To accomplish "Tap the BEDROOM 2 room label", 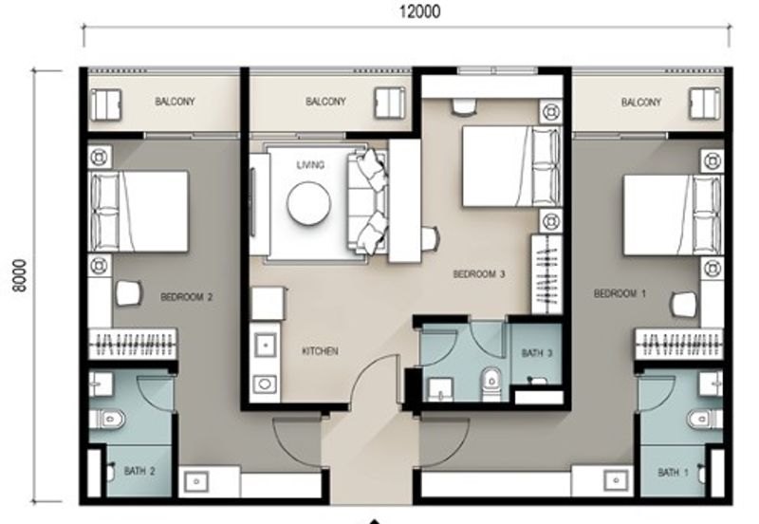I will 187,296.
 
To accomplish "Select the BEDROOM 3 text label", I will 478,274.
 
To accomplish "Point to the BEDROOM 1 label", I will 620,294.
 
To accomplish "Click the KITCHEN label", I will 320,351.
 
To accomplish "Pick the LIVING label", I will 310,165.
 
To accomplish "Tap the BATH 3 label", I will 537,353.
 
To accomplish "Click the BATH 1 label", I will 674,472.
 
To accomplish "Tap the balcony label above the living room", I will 325,102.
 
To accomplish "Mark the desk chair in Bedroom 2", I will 127,293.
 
